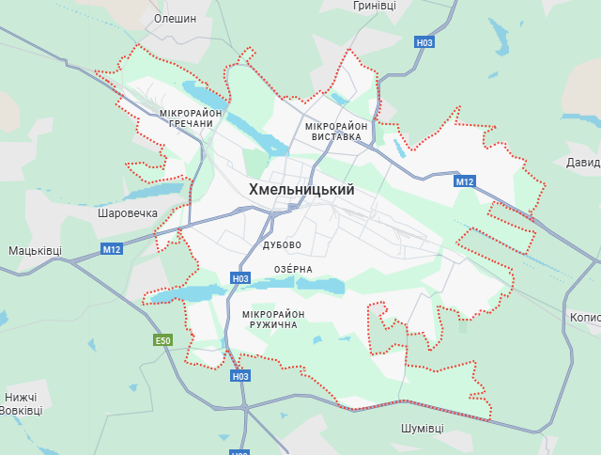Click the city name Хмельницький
pyautogui.click(x=301, y=190)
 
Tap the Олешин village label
pyautogui.click(x=175, y=18)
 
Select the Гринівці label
pyautogui.click(x=375, y=6)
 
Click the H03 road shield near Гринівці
pyautogui.click(x=424, y=42)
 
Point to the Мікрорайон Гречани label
pyautogui.click(x=192, y=118)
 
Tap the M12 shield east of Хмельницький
pyautogui.click(x=464, y=181)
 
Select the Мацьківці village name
pyautogui.click(x=35, y=251)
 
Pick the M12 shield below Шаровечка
pyautogui.click(x=112, y=249)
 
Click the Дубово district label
pyautogui.click(x=283, y=244)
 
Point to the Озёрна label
pyautogui.click(x=293, y=269)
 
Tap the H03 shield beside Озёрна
pyautogui.click(x=240, y=278)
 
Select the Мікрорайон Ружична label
pyautogui.click(x=273, y=319)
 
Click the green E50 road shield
pyautogui.click(x=163, y=339)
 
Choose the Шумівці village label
pyautogui.click(x=422, y=428)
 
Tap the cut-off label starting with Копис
pyautogui.click(x=585, y=318)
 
